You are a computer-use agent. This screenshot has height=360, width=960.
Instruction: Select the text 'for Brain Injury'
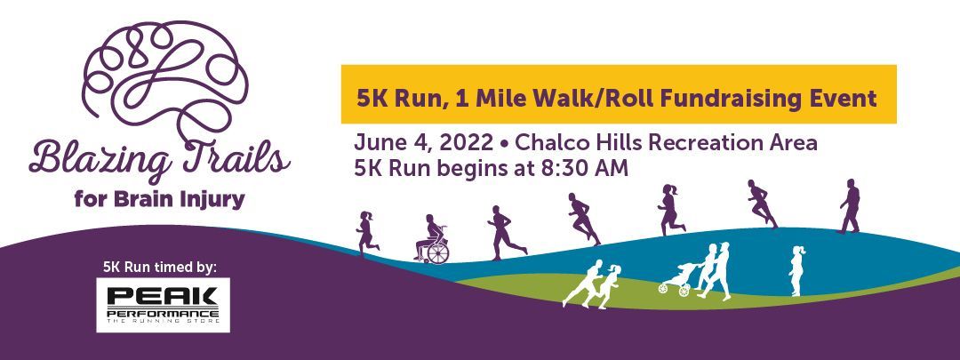point(159,200)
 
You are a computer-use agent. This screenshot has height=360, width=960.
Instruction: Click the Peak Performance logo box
point(163,305)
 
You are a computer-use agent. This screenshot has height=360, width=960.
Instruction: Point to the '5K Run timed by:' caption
point(160,267)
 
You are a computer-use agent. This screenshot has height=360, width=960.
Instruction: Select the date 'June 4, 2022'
point(424,144)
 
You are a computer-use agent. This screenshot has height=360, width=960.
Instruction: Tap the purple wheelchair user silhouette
point(433,239)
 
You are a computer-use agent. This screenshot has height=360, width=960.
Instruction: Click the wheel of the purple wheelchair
point(438,252)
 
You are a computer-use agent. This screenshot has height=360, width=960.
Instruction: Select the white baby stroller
point(676,280)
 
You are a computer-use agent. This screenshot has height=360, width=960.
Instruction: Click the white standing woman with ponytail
point(796,270)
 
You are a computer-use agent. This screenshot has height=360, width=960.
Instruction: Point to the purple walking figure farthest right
point(850,206)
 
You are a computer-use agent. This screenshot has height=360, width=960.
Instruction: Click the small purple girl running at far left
point(367,233)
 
